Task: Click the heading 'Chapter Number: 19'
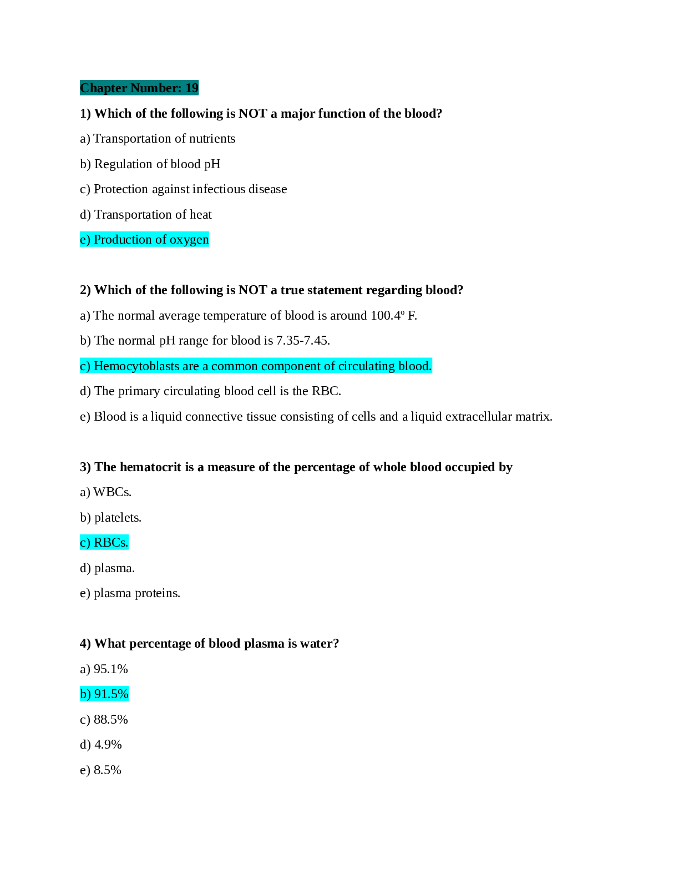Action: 139,88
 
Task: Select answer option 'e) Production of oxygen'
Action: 144,240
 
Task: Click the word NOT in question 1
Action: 253,113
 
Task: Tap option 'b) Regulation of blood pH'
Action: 150,164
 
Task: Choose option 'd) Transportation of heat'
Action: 145,214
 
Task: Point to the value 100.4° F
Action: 393,315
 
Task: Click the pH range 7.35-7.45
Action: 303,341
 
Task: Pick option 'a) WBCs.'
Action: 105,492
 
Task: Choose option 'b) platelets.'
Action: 110,518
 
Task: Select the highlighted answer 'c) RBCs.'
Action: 104,543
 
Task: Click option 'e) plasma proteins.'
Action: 130,593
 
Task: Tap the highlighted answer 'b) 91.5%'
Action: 104,694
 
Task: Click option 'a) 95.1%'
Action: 104,669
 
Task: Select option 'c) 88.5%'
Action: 104,720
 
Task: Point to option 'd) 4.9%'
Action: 101,745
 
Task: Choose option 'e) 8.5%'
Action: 100,770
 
